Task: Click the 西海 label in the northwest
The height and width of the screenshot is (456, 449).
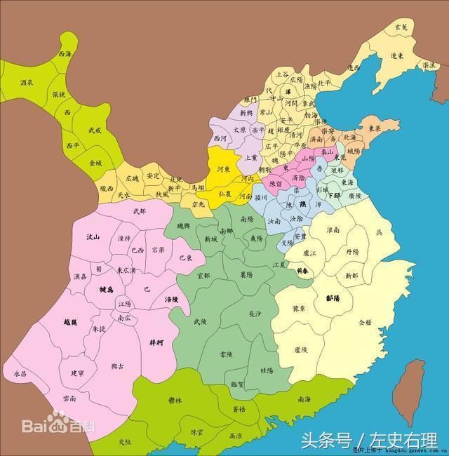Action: (65, 53)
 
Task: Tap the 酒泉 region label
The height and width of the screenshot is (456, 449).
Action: (27, 82)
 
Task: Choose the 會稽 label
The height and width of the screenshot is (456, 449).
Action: (366, 323)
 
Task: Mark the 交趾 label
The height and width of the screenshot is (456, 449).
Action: (125, 441)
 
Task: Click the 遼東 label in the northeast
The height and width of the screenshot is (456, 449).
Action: (397, 56)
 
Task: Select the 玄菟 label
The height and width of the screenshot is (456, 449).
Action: (401, 26)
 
